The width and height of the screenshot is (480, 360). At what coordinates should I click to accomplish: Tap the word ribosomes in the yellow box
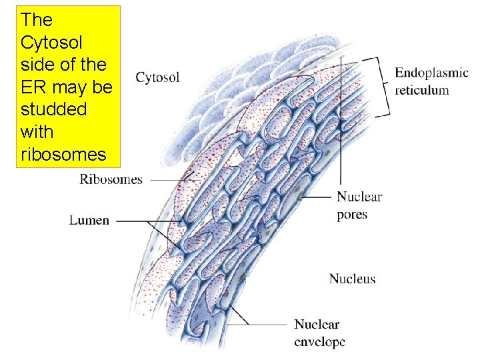[63, 155]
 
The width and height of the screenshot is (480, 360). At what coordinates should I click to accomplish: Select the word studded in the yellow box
[53, 109]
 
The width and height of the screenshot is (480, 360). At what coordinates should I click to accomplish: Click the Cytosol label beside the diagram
[157, 78]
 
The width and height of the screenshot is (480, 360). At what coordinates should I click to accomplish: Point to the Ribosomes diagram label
[111, 179]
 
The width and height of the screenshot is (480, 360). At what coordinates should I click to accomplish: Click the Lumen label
[89, 220]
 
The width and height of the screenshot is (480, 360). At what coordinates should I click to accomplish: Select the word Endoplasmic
[431, 73]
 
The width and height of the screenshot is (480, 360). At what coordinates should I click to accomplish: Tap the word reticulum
[422, 90]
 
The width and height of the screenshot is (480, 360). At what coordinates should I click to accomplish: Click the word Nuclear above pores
[359, 197]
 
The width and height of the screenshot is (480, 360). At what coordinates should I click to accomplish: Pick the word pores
[352, 215]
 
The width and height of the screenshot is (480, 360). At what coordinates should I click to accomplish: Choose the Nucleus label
[352, 279]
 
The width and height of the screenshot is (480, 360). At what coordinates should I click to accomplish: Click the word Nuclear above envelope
[317, 325]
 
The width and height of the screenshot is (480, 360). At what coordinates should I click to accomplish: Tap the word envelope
[320, 342]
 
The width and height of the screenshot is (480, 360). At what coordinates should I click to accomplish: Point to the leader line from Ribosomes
[170, 179]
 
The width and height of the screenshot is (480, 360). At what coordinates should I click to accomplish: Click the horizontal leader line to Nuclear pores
[317, 197]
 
